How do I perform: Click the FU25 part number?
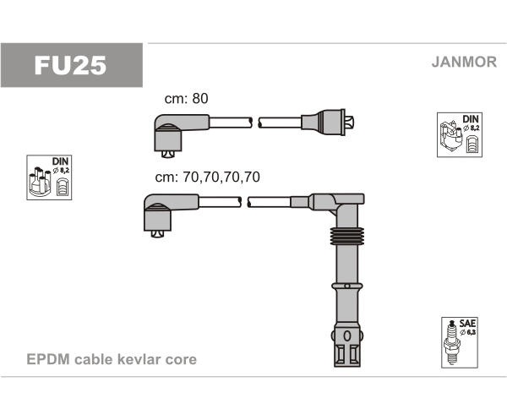(70, 66)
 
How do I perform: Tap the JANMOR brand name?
(464, 62)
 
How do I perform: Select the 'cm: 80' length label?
(186, 98)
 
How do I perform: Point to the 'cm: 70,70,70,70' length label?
(207, 177)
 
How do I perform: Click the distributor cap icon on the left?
(40, 182)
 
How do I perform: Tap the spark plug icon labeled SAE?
(451, 342)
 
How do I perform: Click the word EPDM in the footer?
(48, 359)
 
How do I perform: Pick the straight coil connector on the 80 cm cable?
(327, 123)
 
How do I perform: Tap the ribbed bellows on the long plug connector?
(347, 236)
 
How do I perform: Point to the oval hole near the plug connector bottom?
(347, 336)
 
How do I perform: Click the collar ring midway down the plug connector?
(347, 286)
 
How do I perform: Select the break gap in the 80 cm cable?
(255, 123)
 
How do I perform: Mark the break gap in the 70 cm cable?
(244, 202)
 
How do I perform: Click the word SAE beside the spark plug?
(467, 324)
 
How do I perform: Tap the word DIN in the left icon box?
(61, 161)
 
